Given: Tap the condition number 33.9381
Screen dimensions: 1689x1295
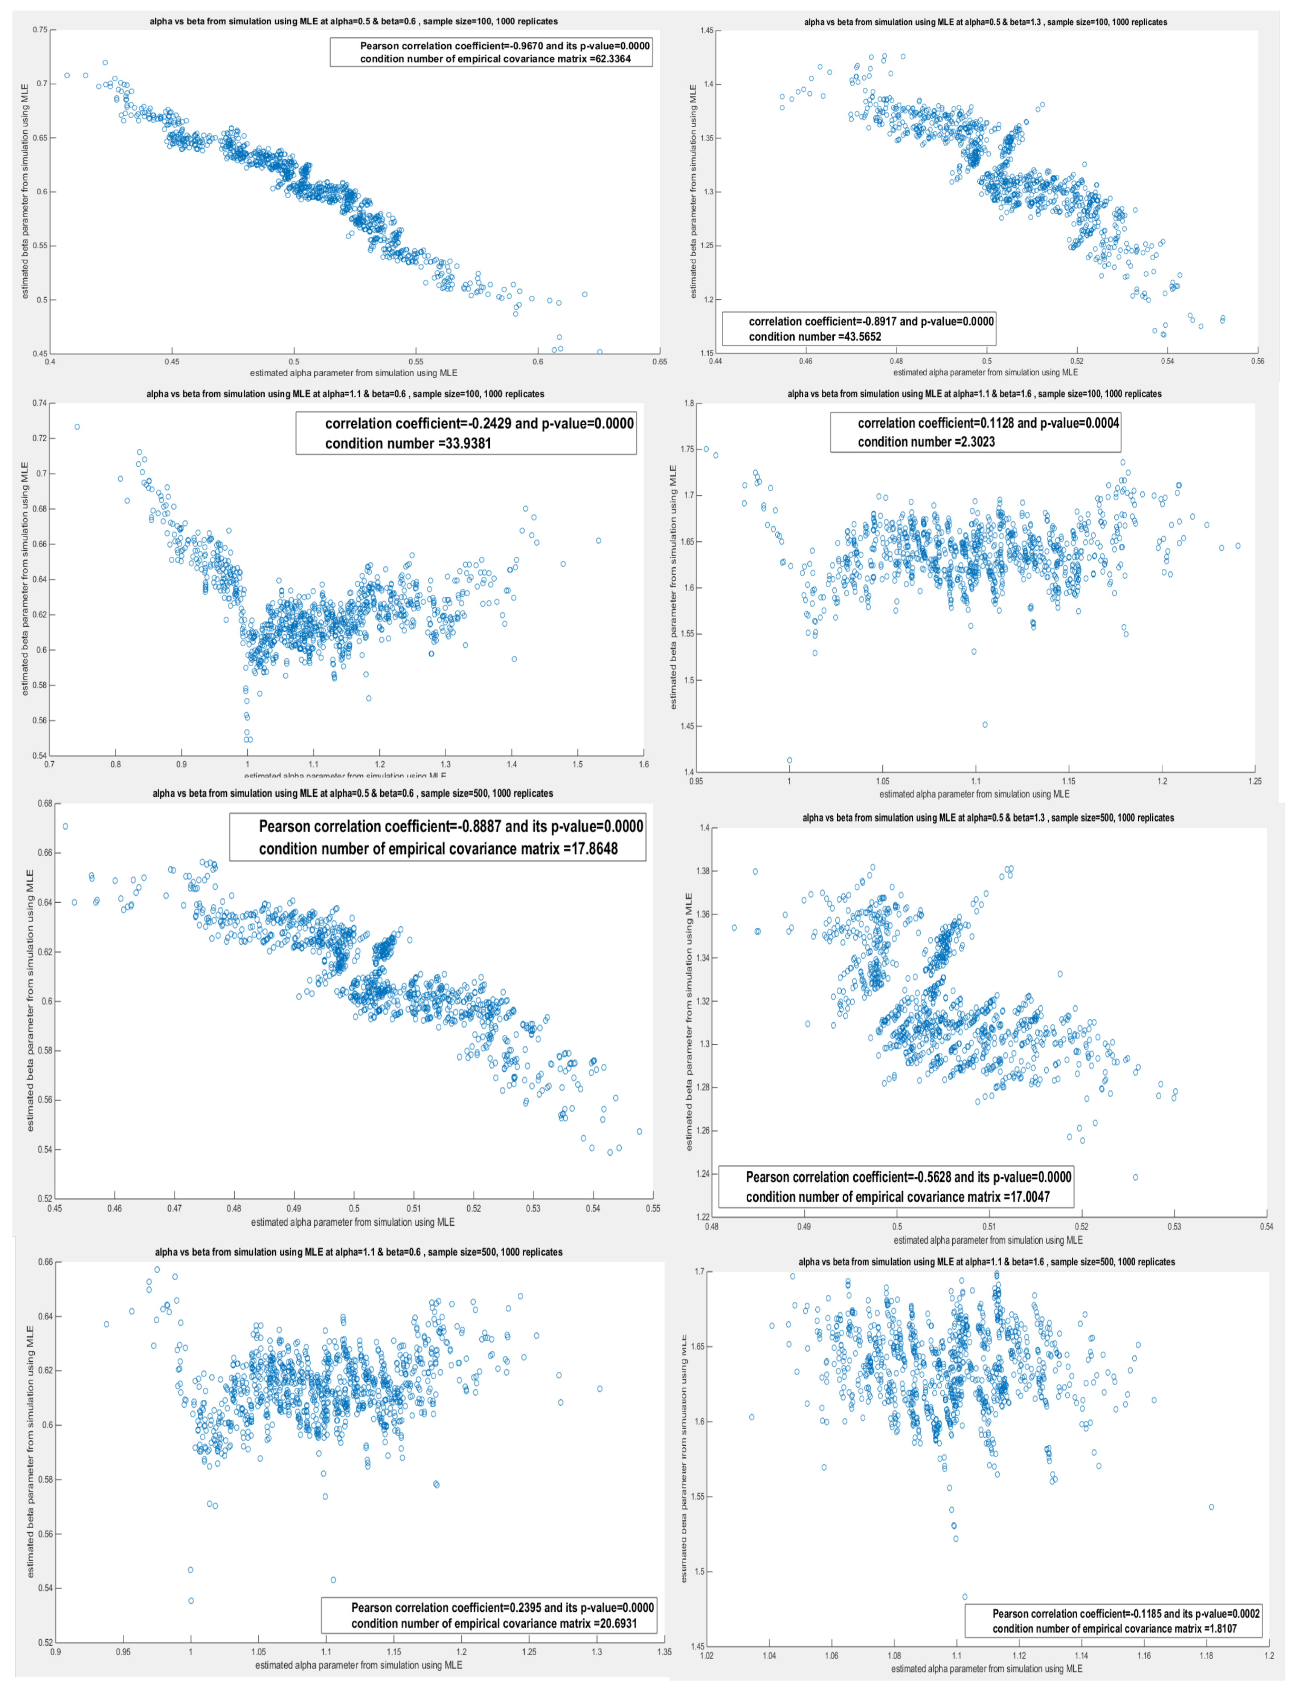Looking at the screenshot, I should tap(462, 443).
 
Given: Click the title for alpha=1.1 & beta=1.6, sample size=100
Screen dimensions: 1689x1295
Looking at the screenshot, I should tap(973, 394).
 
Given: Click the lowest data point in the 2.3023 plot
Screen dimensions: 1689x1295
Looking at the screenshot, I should tap(789, 760).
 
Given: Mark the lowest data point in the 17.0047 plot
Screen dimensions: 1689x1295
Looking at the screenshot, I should tap(1135, 1177).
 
